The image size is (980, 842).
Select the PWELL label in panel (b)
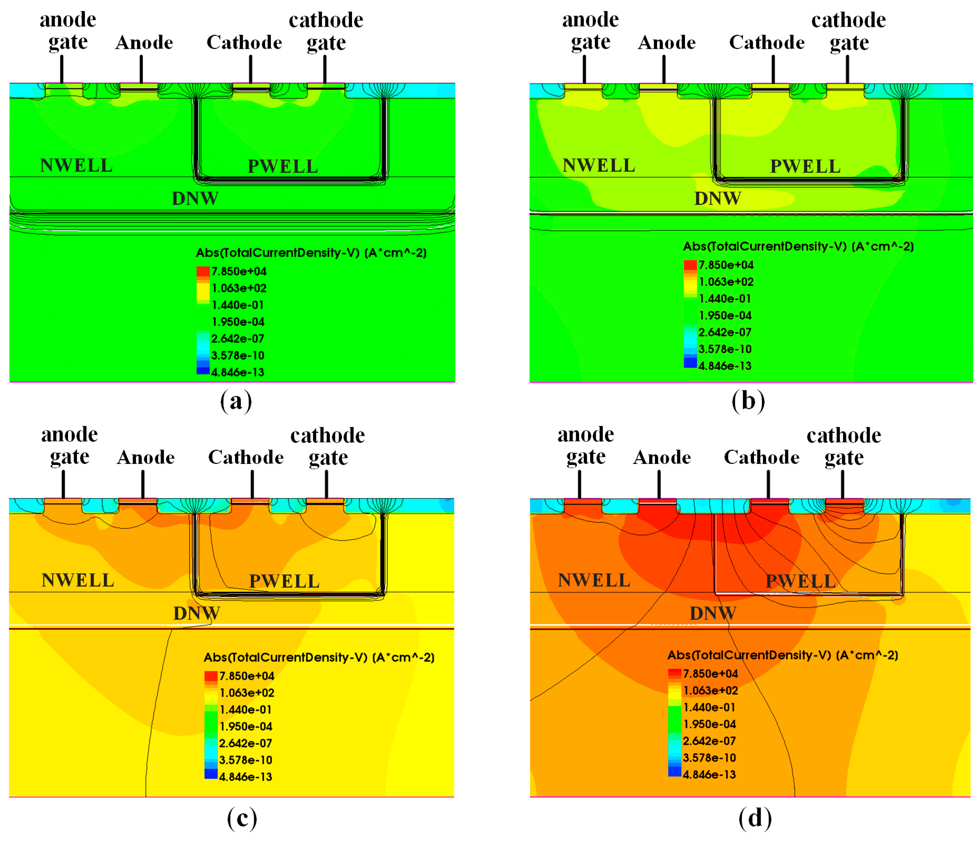[805, 166]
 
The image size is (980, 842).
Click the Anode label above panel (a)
[144, 43]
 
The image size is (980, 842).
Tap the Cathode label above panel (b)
[767, 43]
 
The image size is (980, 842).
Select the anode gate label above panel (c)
[70, 445]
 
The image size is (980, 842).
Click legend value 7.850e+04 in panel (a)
[239, 272]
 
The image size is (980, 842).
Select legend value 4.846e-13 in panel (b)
[724, 366]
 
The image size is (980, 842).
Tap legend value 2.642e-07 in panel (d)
[709, 741]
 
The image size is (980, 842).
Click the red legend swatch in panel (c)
[211, 676]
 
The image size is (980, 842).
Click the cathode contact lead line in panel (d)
[768, 484]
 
